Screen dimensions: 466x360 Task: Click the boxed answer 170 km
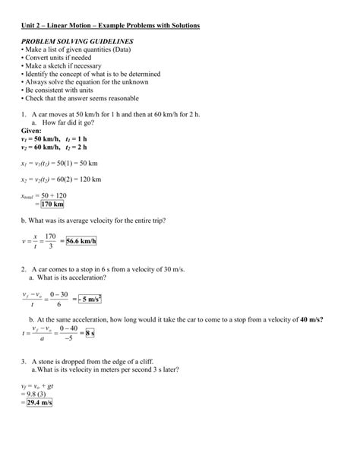[x=52, y=204]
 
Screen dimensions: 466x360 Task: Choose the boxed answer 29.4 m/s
[x=37, y=403]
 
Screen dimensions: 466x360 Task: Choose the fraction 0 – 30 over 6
[x=58, y=298]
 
